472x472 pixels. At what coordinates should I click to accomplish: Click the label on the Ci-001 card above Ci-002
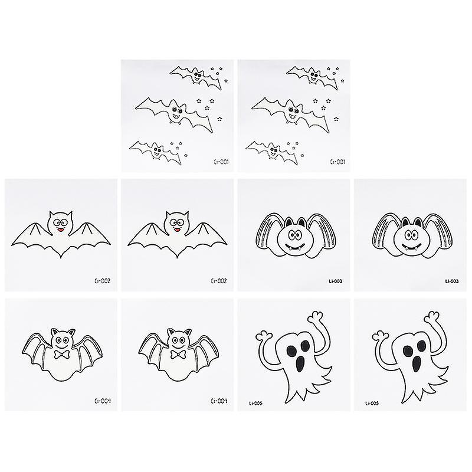tap(222, 160)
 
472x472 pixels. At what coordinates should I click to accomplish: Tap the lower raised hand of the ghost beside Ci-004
tap(261, 336)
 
